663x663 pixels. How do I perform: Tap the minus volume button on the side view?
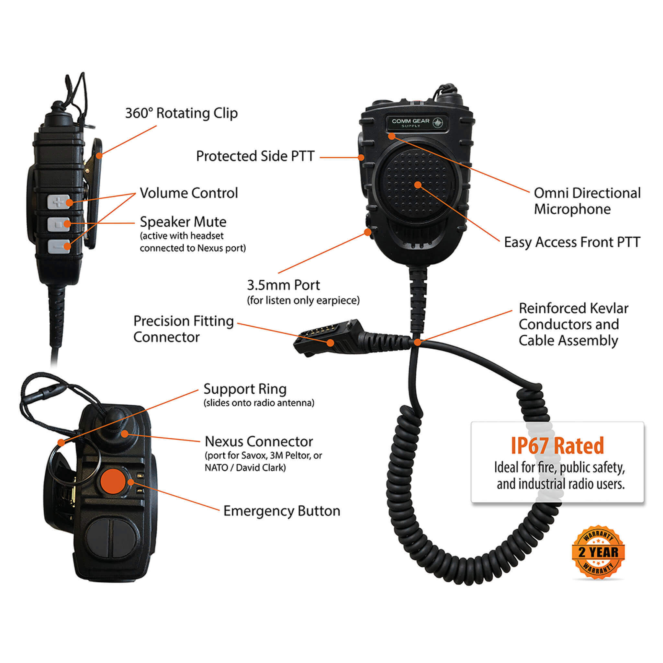58,246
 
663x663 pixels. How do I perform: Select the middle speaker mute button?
58,224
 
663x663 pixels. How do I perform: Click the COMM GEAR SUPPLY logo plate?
417,122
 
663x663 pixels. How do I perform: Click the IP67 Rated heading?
557,445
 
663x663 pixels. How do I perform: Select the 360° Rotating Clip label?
181,113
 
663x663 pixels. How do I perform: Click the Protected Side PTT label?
255,156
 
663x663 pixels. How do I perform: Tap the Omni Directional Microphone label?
587,201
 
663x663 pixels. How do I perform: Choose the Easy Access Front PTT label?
572,242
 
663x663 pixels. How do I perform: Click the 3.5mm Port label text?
284,285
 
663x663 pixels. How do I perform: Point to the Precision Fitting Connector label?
183,329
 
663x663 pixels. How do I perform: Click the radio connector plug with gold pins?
326,338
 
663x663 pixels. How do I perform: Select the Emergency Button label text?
281,511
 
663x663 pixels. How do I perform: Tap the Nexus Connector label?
259,441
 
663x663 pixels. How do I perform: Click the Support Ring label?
245,389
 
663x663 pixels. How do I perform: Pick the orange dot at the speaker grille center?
418,185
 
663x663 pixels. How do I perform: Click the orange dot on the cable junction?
417,342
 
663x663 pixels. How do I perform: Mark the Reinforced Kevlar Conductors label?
573,324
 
